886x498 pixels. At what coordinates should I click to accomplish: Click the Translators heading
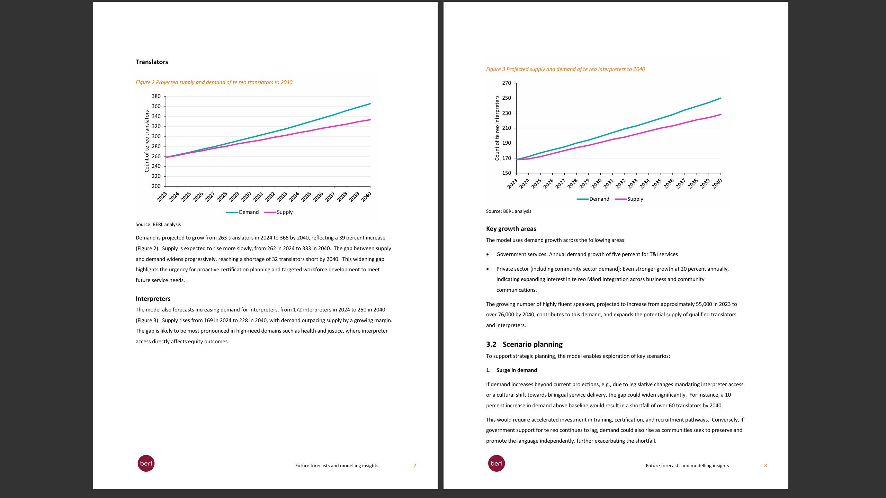[152, 62]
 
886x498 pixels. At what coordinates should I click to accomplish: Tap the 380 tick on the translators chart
[156, 96]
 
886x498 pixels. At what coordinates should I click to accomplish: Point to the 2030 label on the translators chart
[246, 197]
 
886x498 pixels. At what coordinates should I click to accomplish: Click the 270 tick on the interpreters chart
[507, 83]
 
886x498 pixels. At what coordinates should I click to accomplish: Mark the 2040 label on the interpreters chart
[717, 183]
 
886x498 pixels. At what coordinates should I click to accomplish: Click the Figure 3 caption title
[565, 69]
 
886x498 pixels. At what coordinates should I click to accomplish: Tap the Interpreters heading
[153, 299]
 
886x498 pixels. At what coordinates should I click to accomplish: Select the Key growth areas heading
[511, 229]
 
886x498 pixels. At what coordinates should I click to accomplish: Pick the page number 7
[415, 466]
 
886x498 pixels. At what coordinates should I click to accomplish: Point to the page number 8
[766, 466]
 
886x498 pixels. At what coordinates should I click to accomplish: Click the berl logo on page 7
[146, 463]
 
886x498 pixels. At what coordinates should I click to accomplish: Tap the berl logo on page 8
[496, 463]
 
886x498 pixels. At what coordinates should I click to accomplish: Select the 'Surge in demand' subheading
[517, 370]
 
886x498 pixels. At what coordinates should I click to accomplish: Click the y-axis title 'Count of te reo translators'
[147, 141]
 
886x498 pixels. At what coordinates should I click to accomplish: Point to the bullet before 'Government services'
[487, 255]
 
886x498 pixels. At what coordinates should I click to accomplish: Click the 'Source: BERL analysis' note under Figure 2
[158, 225]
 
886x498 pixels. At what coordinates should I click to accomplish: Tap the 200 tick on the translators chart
[156, 186]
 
